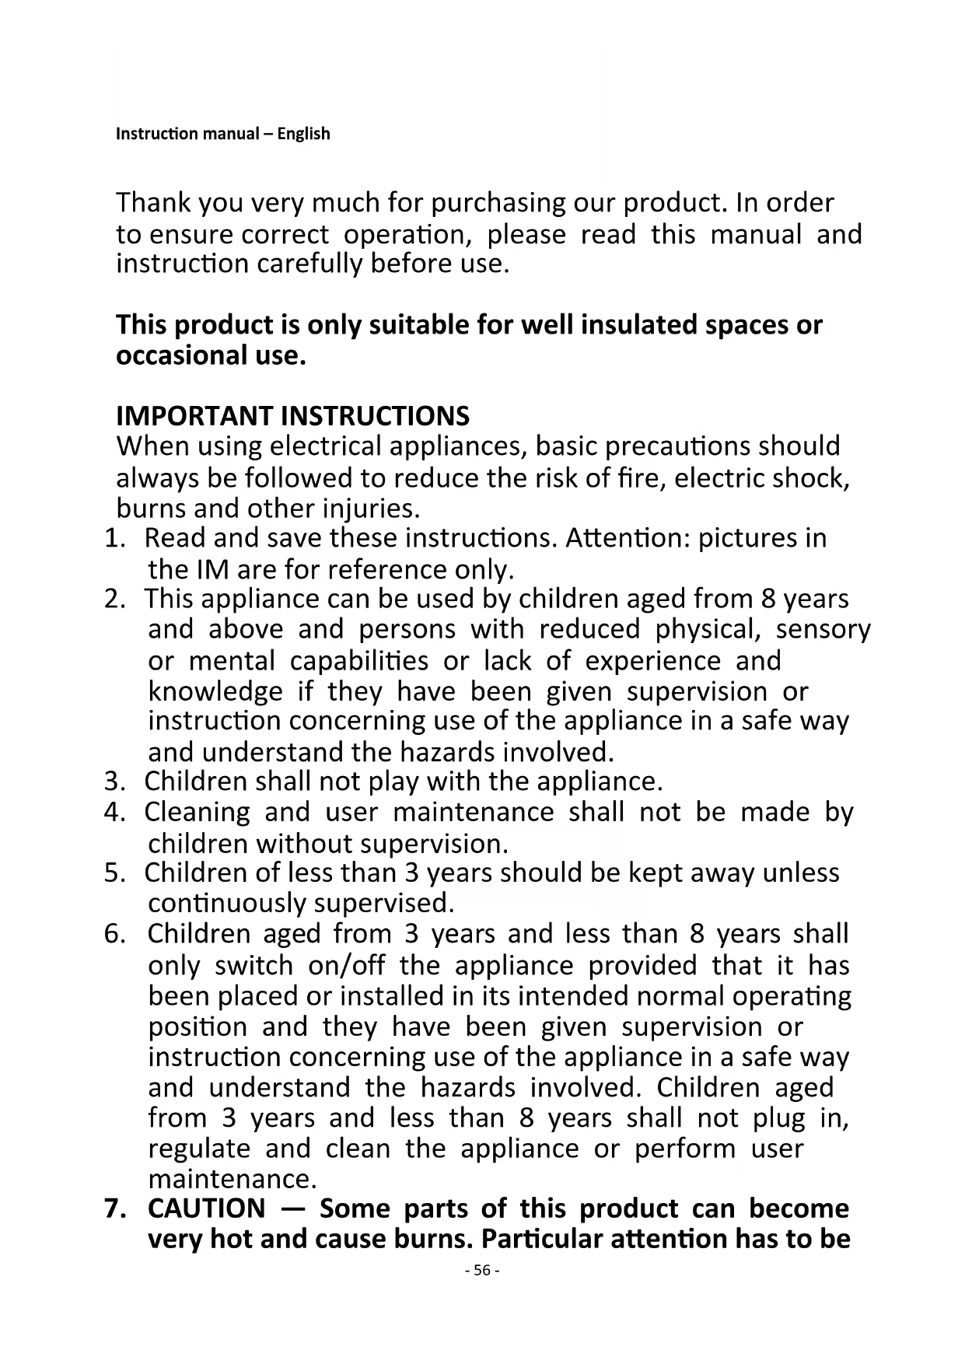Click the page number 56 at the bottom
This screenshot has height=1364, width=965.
tap(481, 1270)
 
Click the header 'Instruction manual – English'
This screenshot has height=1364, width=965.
tap(222, 134)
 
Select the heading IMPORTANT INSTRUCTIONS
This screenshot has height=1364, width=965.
tap(292, 416)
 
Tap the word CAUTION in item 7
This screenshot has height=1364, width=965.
tap(206, 1208)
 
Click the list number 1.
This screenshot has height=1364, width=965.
tap(114, 538)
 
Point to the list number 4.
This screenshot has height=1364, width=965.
tap(114, 812)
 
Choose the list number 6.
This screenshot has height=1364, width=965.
tap(114, 933)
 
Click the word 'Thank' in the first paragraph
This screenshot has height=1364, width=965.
tap(153, 203)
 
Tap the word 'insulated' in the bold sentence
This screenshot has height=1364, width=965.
tap(639, 325)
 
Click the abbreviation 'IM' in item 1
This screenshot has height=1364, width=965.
tap(210, 569)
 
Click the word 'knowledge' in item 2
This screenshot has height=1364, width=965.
tap(215, 691)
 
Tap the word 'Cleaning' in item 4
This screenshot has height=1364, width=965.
tap(197, 812)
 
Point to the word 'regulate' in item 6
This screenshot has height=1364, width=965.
tap(198, 1149)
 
